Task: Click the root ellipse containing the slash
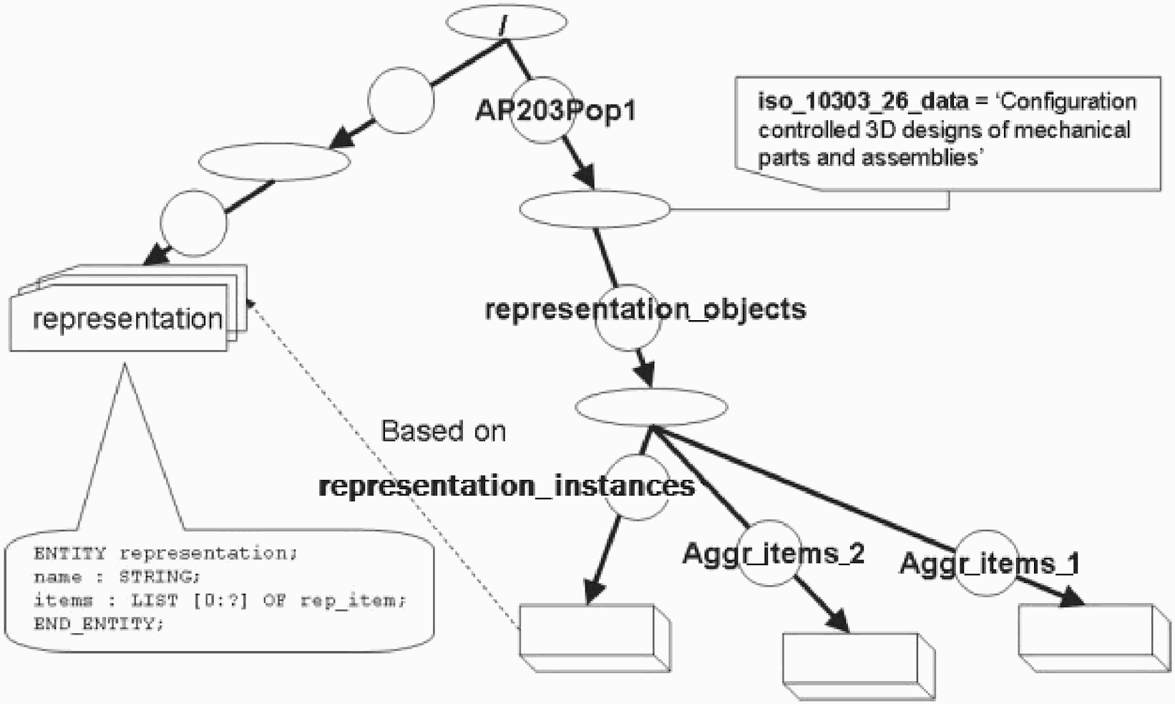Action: (506, 22)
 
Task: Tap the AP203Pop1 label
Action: (556, 111)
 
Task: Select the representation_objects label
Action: (645, 309)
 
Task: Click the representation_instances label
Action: (506, 486)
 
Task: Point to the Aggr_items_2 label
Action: (774, 553)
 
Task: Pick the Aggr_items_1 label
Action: (989, 563)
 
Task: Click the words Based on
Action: (443, 431)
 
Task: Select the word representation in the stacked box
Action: (127, 319)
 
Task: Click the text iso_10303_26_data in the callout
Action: (862, 101)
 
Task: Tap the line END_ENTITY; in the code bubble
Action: (99, 623)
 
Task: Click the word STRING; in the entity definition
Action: (160, 577)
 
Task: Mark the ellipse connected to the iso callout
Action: (595, 209)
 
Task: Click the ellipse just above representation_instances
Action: (651, 407)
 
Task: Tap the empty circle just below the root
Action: (401, 101)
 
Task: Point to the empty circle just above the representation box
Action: (193, 223)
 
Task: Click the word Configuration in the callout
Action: (1068, 101)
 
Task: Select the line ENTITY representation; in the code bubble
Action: (165, 553)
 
